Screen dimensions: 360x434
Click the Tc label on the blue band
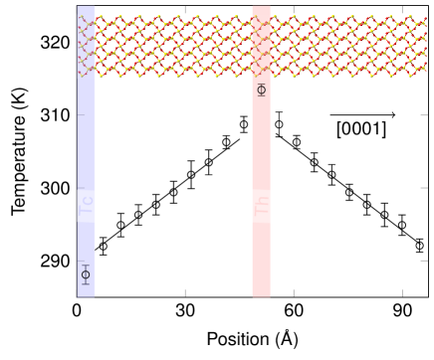(88, 206)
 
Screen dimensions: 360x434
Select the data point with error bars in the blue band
(86, 274)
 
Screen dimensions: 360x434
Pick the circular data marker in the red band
(261, 90)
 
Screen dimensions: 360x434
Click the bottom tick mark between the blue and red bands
(184, 292)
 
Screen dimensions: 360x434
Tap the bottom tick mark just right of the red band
(293, 292)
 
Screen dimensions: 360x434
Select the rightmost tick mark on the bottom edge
(401, 292)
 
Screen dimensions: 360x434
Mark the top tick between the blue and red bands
(184, 9)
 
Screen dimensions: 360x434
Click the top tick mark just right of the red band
(293, 9)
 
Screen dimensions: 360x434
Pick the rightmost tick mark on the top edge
(401, 9)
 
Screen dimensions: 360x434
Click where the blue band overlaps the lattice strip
(87, 47)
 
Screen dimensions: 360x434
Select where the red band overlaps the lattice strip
(261, 47)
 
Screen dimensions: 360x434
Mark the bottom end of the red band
(261, 294)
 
